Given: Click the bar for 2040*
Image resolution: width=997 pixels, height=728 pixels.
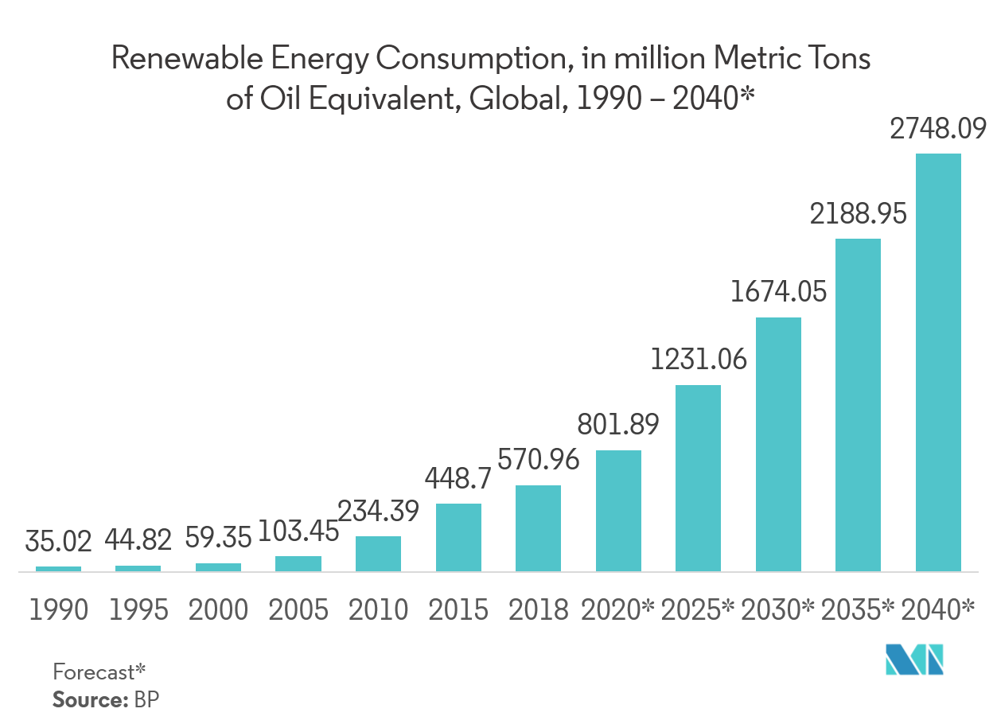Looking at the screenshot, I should [938, 362].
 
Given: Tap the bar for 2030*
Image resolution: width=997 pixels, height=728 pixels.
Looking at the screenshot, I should [778, 444].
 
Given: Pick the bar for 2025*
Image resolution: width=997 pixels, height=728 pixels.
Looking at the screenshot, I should [698, 477].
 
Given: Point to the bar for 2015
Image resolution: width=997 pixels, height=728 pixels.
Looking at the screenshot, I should [458, 537].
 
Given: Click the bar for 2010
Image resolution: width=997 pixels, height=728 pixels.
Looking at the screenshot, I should [378, 553].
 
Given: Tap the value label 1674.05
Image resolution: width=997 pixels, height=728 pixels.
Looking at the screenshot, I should [779, 292].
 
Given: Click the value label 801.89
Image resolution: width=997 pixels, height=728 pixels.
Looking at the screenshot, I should [618, 424].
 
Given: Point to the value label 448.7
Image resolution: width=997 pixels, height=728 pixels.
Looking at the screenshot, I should [458, 478].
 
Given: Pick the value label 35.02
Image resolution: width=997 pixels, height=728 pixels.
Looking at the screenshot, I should [59, 541].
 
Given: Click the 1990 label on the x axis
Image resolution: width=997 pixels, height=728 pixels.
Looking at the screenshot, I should [59, 610].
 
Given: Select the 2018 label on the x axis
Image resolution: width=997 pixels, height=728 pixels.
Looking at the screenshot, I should [538, 610].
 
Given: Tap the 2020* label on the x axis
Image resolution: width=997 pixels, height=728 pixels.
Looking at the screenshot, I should [617, 610].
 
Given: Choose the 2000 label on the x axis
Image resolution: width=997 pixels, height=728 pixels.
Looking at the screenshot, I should [218, 610].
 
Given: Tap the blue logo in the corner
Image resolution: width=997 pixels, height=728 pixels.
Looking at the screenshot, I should [915, 660].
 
